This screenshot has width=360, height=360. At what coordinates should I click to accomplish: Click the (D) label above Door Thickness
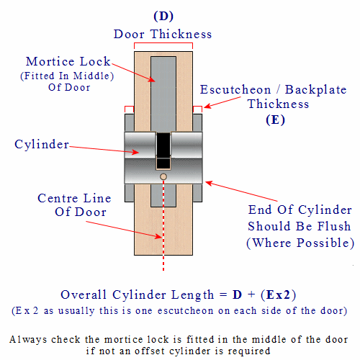pos(163,17)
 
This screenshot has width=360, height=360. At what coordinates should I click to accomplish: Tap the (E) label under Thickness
pos(275,120)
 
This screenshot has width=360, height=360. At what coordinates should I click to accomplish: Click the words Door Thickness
pos(163,34)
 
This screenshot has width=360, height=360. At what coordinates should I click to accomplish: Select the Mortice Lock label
pos(68,61)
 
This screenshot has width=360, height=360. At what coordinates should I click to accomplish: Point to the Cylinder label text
pos(42,144)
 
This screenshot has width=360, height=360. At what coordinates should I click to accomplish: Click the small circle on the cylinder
pos(163,177)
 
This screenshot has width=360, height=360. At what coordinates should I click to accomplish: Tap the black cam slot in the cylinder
pos(163,150)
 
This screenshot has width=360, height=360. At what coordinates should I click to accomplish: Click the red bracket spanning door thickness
pos(163,43)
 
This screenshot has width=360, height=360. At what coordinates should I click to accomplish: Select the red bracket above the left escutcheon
pos(129,107)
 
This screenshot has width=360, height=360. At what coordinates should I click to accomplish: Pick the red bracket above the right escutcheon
pos(197,107)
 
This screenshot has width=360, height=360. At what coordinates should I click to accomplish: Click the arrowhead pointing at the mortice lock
pos(152,79)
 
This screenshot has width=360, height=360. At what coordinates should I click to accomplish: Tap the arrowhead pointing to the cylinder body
pos(135,152)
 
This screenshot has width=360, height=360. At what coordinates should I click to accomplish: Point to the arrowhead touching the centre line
pos(158,236)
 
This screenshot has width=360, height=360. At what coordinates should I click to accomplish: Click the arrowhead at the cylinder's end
pos(210,184)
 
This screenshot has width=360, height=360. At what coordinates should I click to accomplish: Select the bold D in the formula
pos(237,294)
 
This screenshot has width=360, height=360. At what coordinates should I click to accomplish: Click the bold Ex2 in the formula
pos(279,294)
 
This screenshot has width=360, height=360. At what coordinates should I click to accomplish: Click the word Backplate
pos(316,90)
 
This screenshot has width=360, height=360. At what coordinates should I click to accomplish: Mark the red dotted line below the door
pos(163,263)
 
